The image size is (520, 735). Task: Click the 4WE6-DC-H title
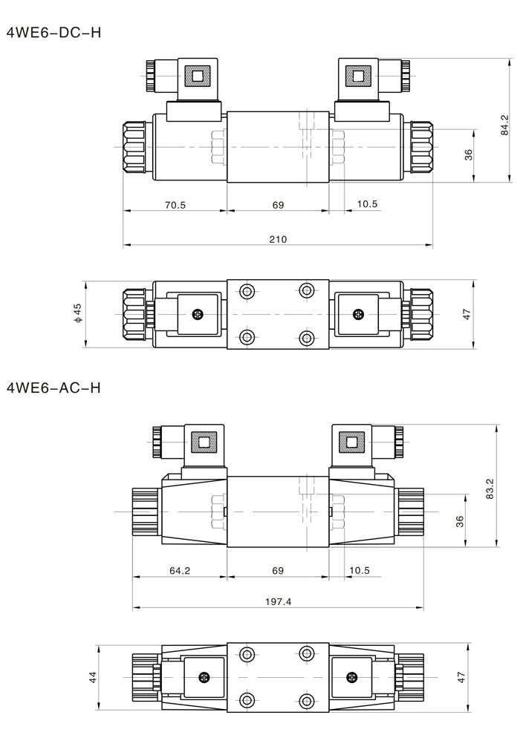pyautogui.click(x=53, y=33)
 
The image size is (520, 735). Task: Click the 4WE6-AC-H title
pyautogui.click(x=53, y=388)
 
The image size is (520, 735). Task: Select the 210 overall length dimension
pyautogui.click(x=278, y=240)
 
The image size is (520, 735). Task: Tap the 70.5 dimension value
pyautogui.click(x=175, y=206)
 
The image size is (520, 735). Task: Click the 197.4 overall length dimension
pyautogui.click(x=278, y=601)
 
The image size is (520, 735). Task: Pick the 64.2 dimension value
pyautogui.click(x=180, y=570)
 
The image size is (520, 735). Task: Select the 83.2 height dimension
pyautogui.click(x=490, y=489)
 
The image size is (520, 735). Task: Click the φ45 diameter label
pyautogui.click(x=78, y=313)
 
